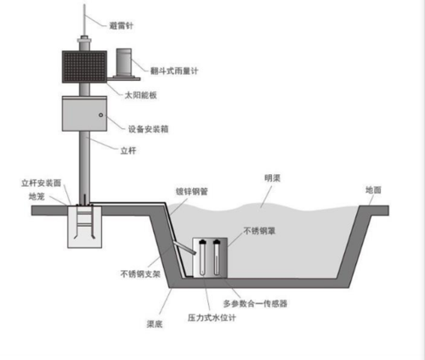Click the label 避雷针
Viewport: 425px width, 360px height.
tap(122, 25)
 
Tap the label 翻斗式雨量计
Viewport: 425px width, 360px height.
tap(174, 70)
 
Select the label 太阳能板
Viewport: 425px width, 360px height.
tap(141, 95)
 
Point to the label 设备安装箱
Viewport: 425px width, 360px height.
tap(149, 129)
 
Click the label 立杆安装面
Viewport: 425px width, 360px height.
tap(42, 183)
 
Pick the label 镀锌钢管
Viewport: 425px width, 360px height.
tap(192, 192)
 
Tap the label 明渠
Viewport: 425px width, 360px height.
tap(272, 178)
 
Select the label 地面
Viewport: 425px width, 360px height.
tap(373, 190)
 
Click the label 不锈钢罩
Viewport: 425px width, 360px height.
tap(259, 231)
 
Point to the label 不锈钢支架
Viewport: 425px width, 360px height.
tap(140, 274)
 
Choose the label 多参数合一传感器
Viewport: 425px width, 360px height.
tap(255, 304)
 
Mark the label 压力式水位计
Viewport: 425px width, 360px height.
tap(212, 318)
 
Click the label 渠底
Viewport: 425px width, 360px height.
tap(155, 324)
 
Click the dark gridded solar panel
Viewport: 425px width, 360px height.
tap(84, 67)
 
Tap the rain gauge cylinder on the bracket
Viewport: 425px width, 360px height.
tap(124, 62)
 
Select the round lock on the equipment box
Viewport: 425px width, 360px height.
tap(101, 115)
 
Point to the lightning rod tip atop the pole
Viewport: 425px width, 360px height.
tap(84, 5)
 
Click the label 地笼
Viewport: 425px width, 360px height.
tap(37, 196)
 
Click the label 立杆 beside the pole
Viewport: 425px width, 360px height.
tap(128, 150)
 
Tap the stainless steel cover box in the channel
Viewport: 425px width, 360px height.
tap(210, 258)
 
